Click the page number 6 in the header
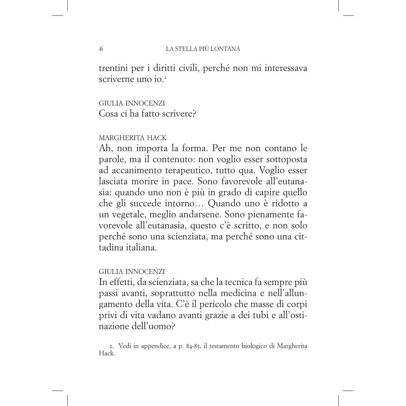(101, 49)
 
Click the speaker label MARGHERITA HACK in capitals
(132, 138)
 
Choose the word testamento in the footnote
(225, 346)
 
